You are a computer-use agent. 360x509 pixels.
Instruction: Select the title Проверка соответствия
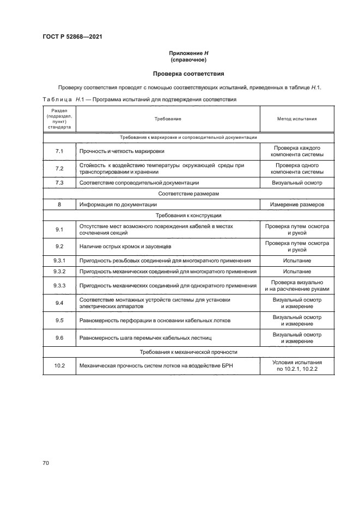(187, 73)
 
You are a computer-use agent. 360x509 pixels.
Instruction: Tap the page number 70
(46, 463)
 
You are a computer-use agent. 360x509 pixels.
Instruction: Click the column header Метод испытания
(297, 118)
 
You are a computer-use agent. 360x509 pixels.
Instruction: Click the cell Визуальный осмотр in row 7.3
(297, 182)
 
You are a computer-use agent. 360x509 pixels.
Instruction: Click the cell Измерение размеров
(297, 204)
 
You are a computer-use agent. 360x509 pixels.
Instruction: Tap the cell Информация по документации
(118, 204)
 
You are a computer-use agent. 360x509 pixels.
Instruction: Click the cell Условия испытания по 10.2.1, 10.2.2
(297, 365)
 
